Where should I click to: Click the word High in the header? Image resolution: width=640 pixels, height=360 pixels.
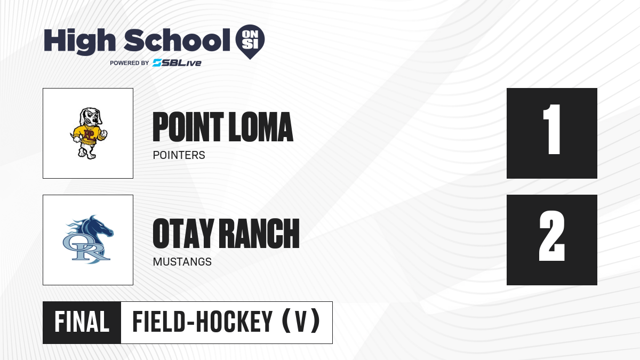[x=79, y=41]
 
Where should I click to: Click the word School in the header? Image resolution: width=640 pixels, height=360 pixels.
[x=177, y=40]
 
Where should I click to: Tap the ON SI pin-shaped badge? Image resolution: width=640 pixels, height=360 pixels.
[x=250, y=42]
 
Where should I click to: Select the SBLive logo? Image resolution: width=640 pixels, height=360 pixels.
[x=177, y=63]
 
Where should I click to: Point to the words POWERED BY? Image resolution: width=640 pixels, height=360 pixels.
[x=130, y=63]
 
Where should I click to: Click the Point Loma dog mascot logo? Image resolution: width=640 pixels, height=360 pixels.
[x=89, y=133]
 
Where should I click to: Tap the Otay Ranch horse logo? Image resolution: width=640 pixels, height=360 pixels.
[x=88, y=239]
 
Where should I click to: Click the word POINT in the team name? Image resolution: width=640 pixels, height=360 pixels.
[x=188, y=127]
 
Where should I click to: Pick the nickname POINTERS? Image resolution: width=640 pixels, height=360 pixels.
[x=179, y=155]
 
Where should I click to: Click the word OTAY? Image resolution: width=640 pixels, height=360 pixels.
[x=183, y=234]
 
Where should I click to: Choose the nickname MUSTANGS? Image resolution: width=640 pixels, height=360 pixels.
[x=182, y=262]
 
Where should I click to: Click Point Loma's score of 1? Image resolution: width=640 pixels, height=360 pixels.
[x=551, y=130]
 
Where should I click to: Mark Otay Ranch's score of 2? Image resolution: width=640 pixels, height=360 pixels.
[x=552, y=236]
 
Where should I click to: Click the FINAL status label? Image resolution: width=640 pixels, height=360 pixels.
[x=82, y=322]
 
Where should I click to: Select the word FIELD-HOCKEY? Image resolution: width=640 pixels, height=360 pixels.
[x=202, y=322]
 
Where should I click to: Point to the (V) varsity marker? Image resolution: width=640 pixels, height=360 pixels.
[x=301, y=321]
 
